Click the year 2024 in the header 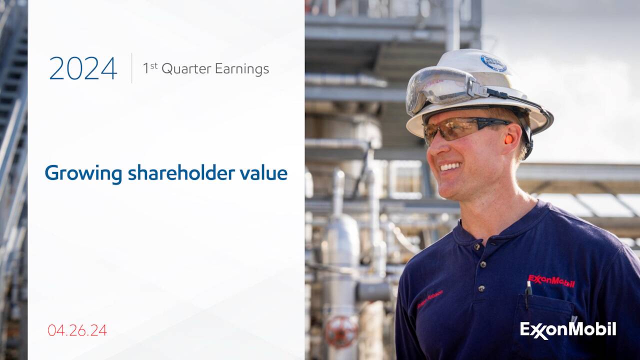[83, 68]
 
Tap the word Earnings [241, 69]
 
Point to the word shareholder [183, 173]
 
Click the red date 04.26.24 [77, 330]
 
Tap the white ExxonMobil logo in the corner [568, 330]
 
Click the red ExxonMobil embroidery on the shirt [551, 280]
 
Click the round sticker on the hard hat [493, 63]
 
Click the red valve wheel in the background [341, 331]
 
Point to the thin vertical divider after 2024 [132, 68]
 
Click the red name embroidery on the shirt [430, 299]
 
